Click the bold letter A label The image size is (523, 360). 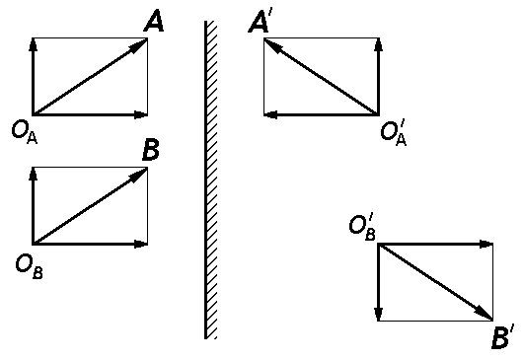coord(153,20)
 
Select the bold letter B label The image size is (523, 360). coord(151,150)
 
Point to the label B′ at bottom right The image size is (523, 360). coord(501,339)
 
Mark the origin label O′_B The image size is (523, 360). coord(362,226)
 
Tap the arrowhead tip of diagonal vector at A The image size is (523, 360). coord(144,41)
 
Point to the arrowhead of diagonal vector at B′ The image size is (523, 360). coord(487,315)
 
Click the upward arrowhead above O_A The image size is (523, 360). coord(35,43)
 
